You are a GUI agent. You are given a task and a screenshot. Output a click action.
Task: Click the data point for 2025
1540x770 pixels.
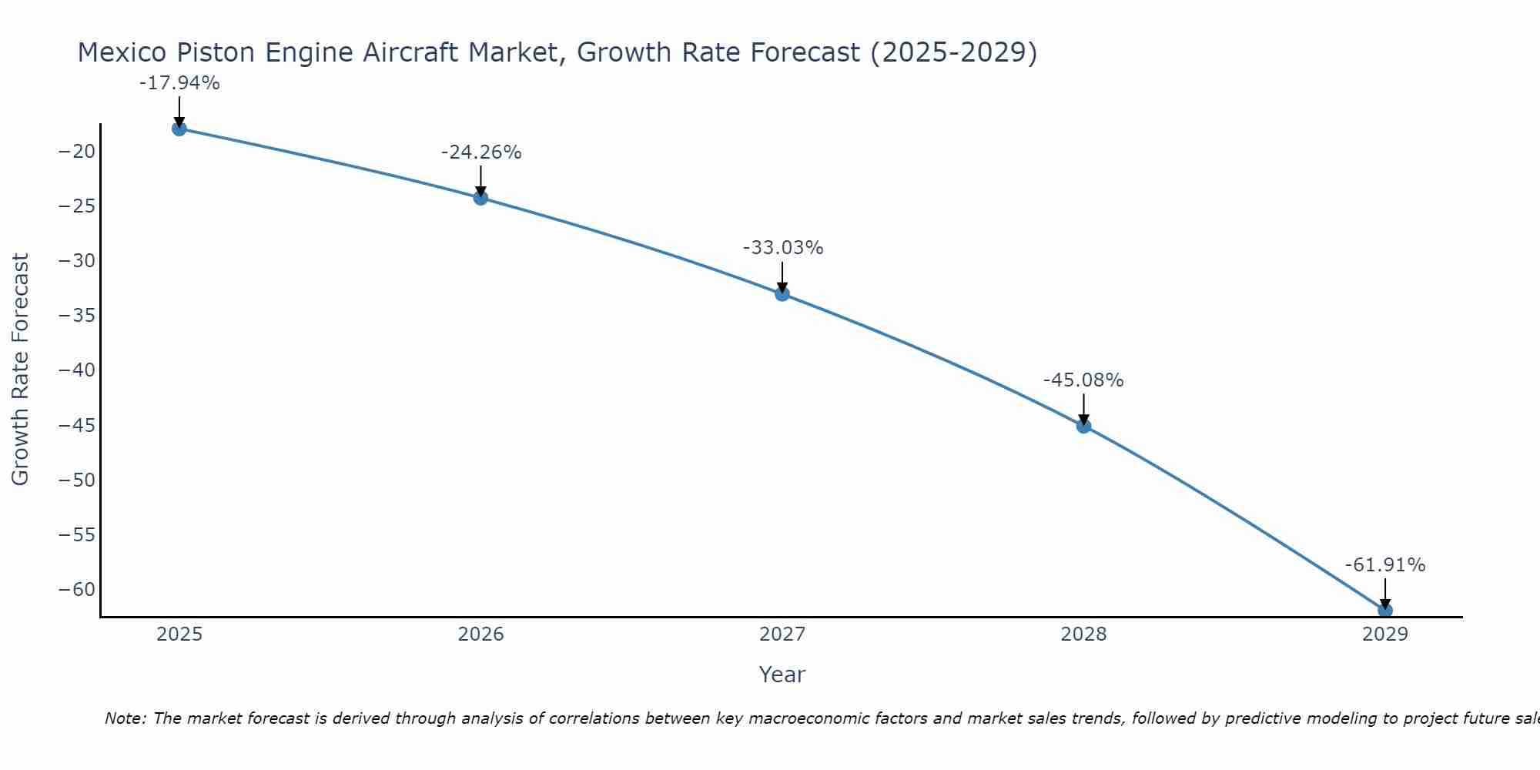(x=179, y=129)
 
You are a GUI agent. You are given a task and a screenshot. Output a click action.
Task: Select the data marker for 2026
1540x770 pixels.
(x=480, y=198)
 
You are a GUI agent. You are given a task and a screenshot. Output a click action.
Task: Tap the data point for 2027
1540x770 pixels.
(x=782, y=293)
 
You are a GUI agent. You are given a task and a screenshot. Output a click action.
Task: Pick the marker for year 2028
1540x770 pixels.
(x=1083, y=426)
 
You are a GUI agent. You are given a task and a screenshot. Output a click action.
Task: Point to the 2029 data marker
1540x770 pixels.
(x=1384, y=611)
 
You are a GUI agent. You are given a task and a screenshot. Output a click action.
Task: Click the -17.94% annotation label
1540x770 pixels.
(x=179, y=83)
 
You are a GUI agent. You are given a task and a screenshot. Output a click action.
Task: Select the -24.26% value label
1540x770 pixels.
(x=481, y=152)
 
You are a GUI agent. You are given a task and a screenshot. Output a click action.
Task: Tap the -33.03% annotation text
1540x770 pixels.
(x=783, y=248)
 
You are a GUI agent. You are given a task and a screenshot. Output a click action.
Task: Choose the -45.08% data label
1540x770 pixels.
(x=1083, y=380)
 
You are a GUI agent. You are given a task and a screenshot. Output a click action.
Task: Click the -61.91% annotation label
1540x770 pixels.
(x=1385, y=565)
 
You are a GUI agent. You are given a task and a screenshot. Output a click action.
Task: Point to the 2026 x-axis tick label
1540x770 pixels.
(x=480, y=634)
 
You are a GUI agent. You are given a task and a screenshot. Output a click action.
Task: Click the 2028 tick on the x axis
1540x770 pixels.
(x=1083, y=634)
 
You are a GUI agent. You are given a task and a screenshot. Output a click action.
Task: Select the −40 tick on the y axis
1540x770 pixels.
(x=77, y=370)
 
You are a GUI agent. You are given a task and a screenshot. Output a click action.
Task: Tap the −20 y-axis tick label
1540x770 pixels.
(x=77, y=151)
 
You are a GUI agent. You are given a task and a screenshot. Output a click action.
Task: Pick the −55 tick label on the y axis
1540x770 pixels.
(x=77, y=535)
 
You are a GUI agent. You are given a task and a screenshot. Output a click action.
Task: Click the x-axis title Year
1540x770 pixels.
(x=782, y=675)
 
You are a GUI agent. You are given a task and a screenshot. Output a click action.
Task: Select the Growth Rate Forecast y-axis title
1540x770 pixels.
(x=21, y=370)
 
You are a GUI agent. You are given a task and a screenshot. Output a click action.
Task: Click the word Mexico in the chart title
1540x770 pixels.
(x=123, y=52)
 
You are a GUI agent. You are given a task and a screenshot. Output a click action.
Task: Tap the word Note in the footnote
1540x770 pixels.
(x=124, y=718)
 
